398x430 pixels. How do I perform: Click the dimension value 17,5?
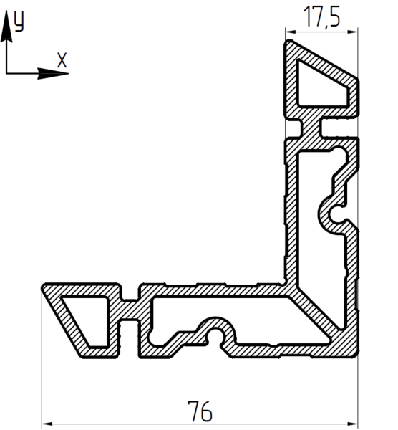[321, 17]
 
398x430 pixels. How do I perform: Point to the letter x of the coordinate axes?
[62, 60]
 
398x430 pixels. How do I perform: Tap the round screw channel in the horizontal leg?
[215, 333]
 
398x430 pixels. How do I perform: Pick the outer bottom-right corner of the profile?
[356, 355]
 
